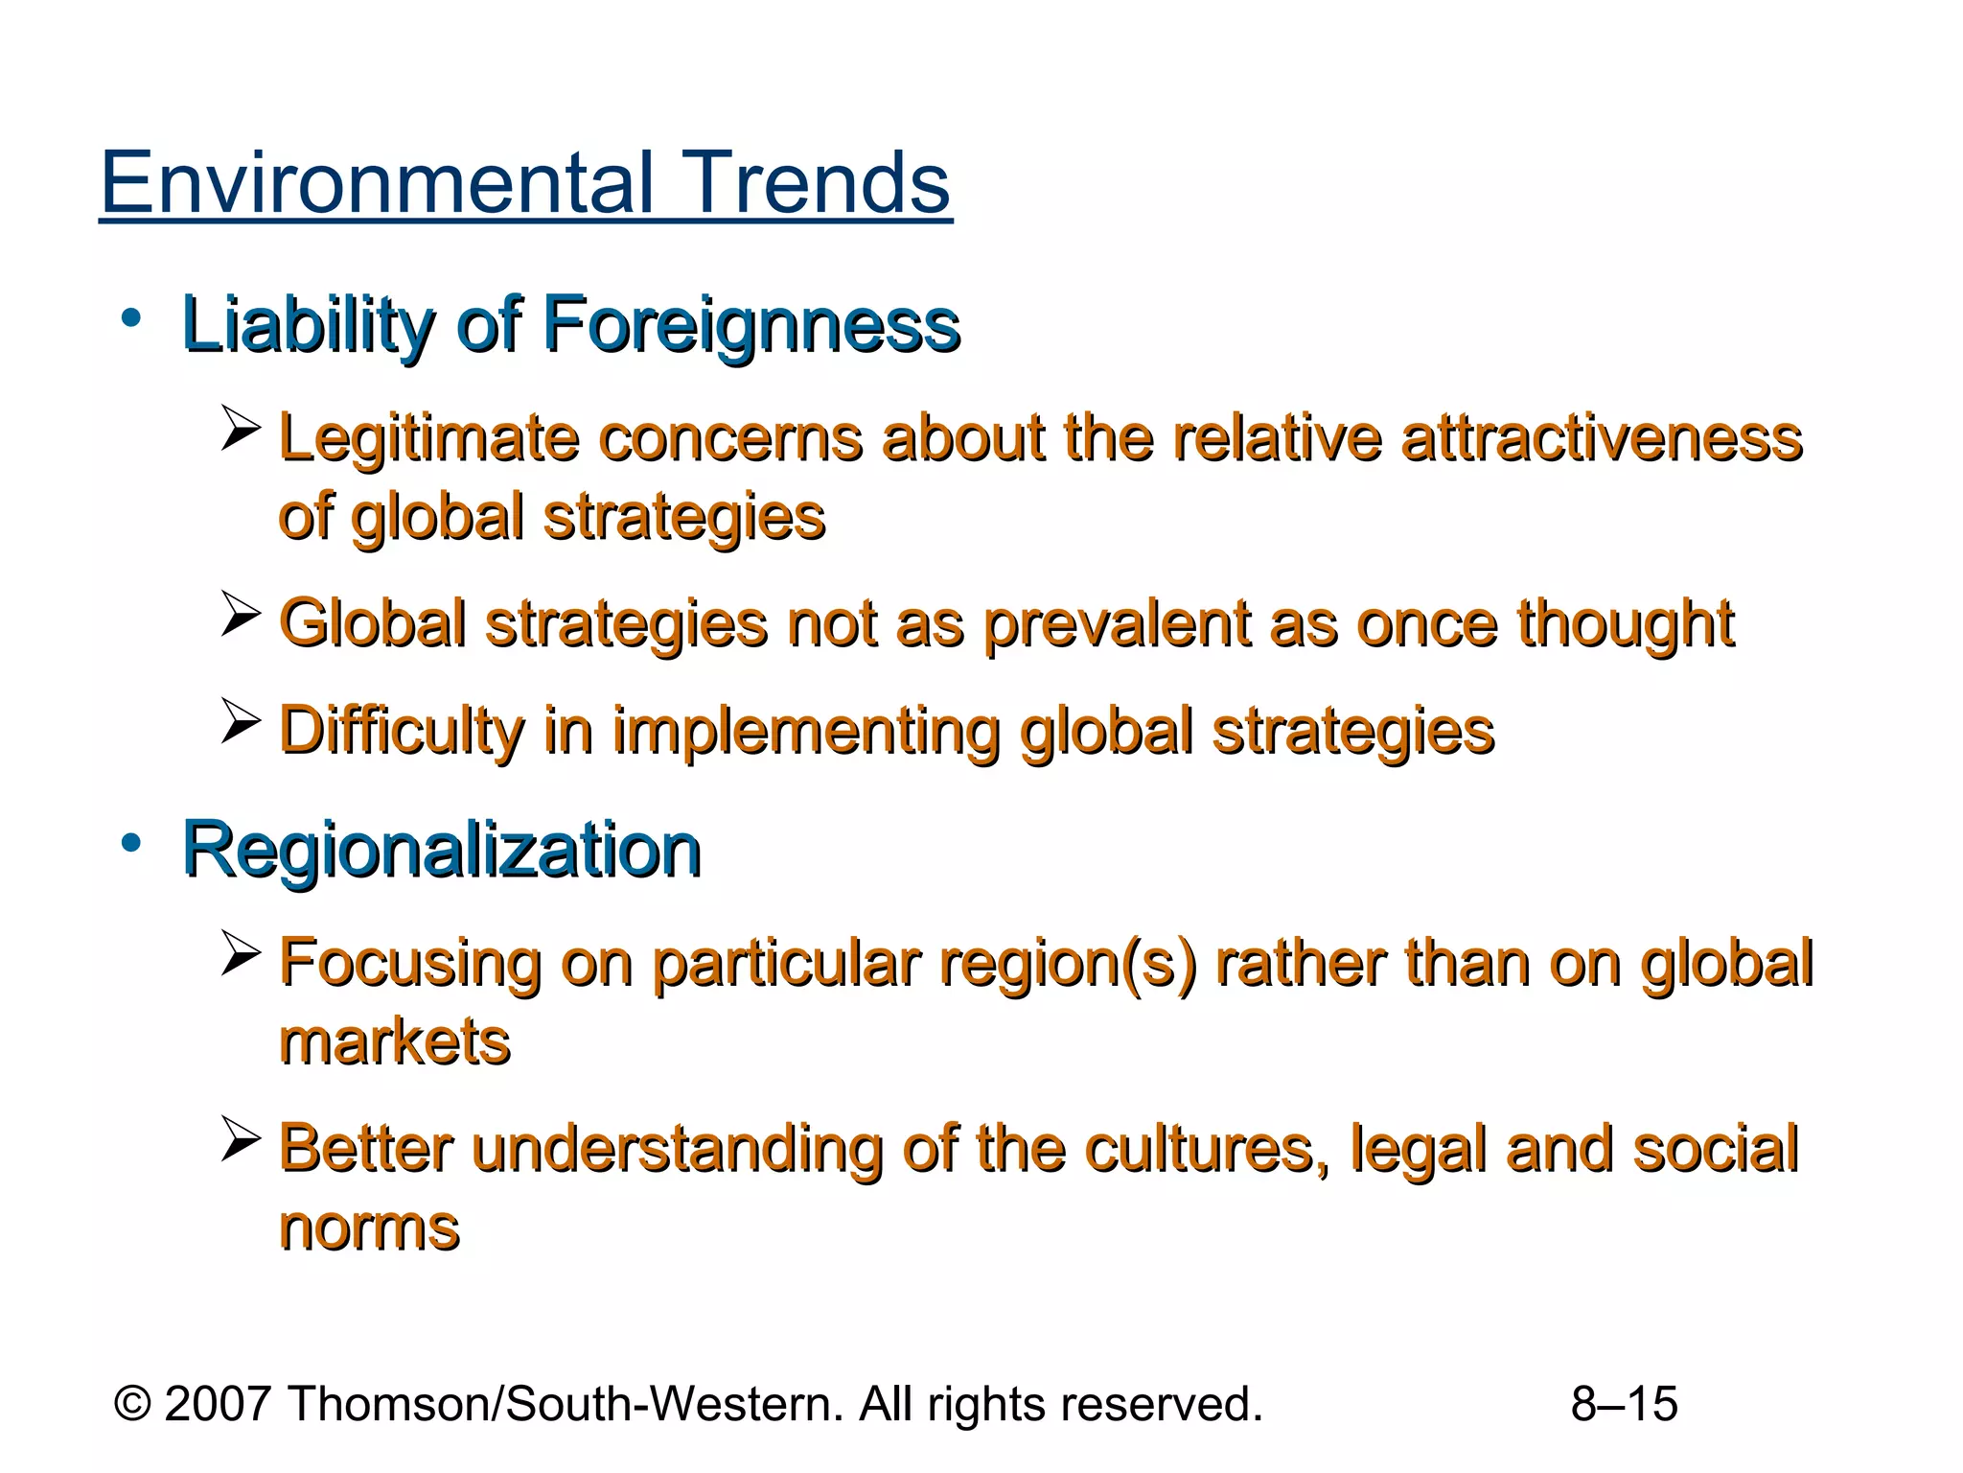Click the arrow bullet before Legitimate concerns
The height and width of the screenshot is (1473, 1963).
tap(241, 428)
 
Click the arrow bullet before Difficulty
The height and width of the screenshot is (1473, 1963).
tap(241, 721)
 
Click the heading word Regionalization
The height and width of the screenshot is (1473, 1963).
tap(442, 850)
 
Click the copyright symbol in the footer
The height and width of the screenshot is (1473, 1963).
tap(132, 1404)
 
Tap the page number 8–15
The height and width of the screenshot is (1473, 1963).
tap(1624, 1404)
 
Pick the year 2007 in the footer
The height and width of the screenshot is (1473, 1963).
tap(218, 1404)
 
